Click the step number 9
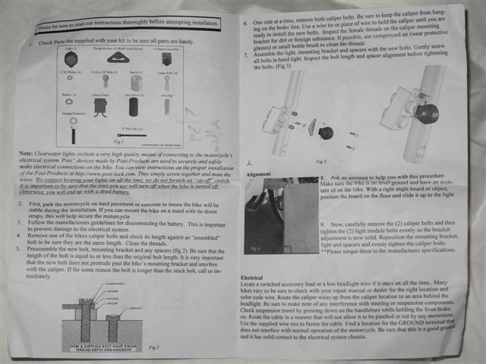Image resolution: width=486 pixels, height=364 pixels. click(323, 225)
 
